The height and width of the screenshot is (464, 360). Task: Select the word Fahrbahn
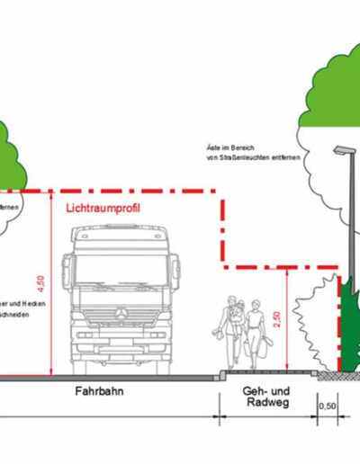(100, 393)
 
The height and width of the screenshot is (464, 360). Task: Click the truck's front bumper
(119, 345)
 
